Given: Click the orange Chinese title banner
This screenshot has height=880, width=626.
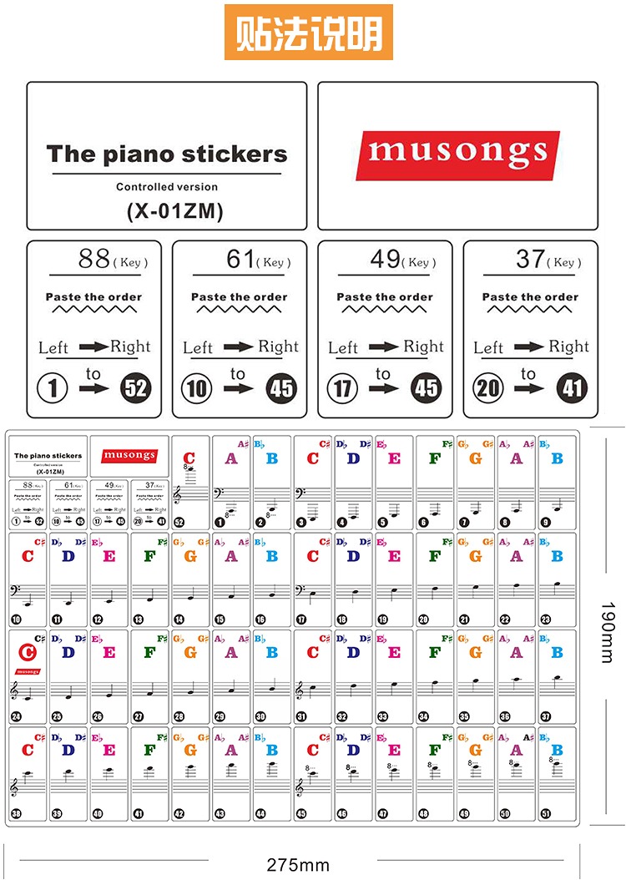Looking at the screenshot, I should (x=309, y=33).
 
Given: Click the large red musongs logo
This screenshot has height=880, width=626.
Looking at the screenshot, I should (x=457, y=154).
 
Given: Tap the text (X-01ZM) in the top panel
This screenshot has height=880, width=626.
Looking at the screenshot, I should (x=174, y=212).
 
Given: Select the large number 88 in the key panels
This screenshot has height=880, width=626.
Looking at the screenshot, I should (x=94, y=259).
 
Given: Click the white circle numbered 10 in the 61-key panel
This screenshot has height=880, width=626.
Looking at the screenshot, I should (x=197, y=387).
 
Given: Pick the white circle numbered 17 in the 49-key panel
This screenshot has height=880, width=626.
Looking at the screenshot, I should (x=342, y=387).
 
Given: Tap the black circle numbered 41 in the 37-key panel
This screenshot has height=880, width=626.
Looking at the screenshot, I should (x=573, y=387).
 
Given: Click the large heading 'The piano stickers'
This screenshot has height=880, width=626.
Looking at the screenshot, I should (x=167, y=154).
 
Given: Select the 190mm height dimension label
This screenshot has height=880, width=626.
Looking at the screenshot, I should (x=608, y=632).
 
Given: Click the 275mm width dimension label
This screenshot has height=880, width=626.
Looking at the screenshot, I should (x=298, y=865).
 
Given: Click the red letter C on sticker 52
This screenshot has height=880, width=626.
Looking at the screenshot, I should (x=189, y=458).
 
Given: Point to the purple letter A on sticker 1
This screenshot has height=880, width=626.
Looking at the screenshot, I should (x=231, y=458).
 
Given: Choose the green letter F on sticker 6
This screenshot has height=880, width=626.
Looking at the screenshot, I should (x=434, y=458).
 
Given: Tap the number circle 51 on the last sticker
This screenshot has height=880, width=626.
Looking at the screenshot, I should (x=546, y=814).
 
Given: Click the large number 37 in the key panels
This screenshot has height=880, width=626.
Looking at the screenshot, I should (x=531, y=259).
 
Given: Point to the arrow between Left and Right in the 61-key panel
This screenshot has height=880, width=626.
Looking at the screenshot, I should (x=238, y=346).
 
